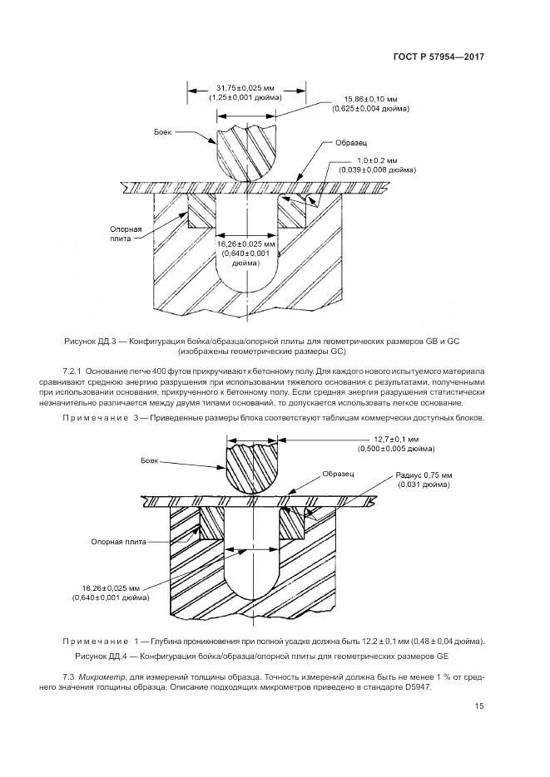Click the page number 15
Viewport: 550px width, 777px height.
coord(478,707)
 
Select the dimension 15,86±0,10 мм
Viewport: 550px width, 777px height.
coord(366,100)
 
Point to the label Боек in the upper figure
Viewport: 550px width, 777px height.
coord(163,132)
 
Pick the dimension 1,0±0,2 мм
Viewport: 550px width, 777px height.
coord(377,159)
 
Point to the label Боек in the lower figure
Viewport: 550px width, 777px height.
coord(150,460)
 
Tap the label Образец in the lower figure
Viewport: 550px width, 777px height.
coord(339,473)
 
